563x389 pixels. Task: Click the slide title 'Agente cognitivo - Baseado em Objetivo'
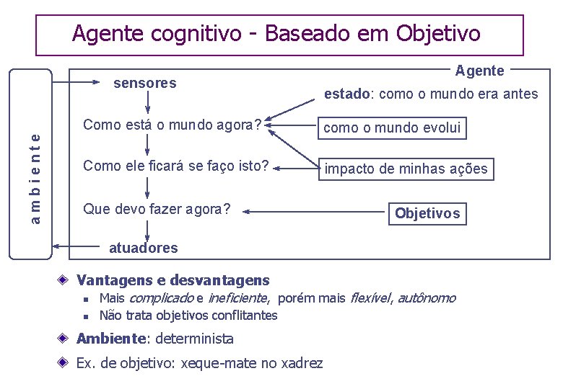[276, 33]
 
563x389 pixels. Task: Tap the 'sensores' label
[145, 83]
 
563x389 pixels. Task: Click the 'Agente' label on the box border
[480, 71]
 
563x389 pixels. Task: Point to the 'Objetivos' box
[427, 213]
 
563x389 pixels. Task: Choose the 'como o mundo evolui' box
[392, 128]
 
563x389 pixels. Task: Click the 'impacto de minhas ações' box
[406, 169]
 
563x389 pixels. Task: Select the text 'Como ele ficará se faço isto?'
[176, 166]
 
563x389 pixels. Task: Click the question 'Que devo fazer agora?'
[157, 210]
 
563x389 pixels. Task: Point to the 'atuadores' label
[143, 248]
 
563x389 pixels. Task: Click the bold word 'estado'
[346, 94]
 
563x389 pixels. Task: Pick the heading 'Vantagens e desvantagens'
[173, 280]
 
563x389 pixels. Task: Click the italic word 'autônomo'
[427, 298]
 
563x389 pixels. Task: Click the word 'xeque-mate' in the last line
[224, 363]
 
